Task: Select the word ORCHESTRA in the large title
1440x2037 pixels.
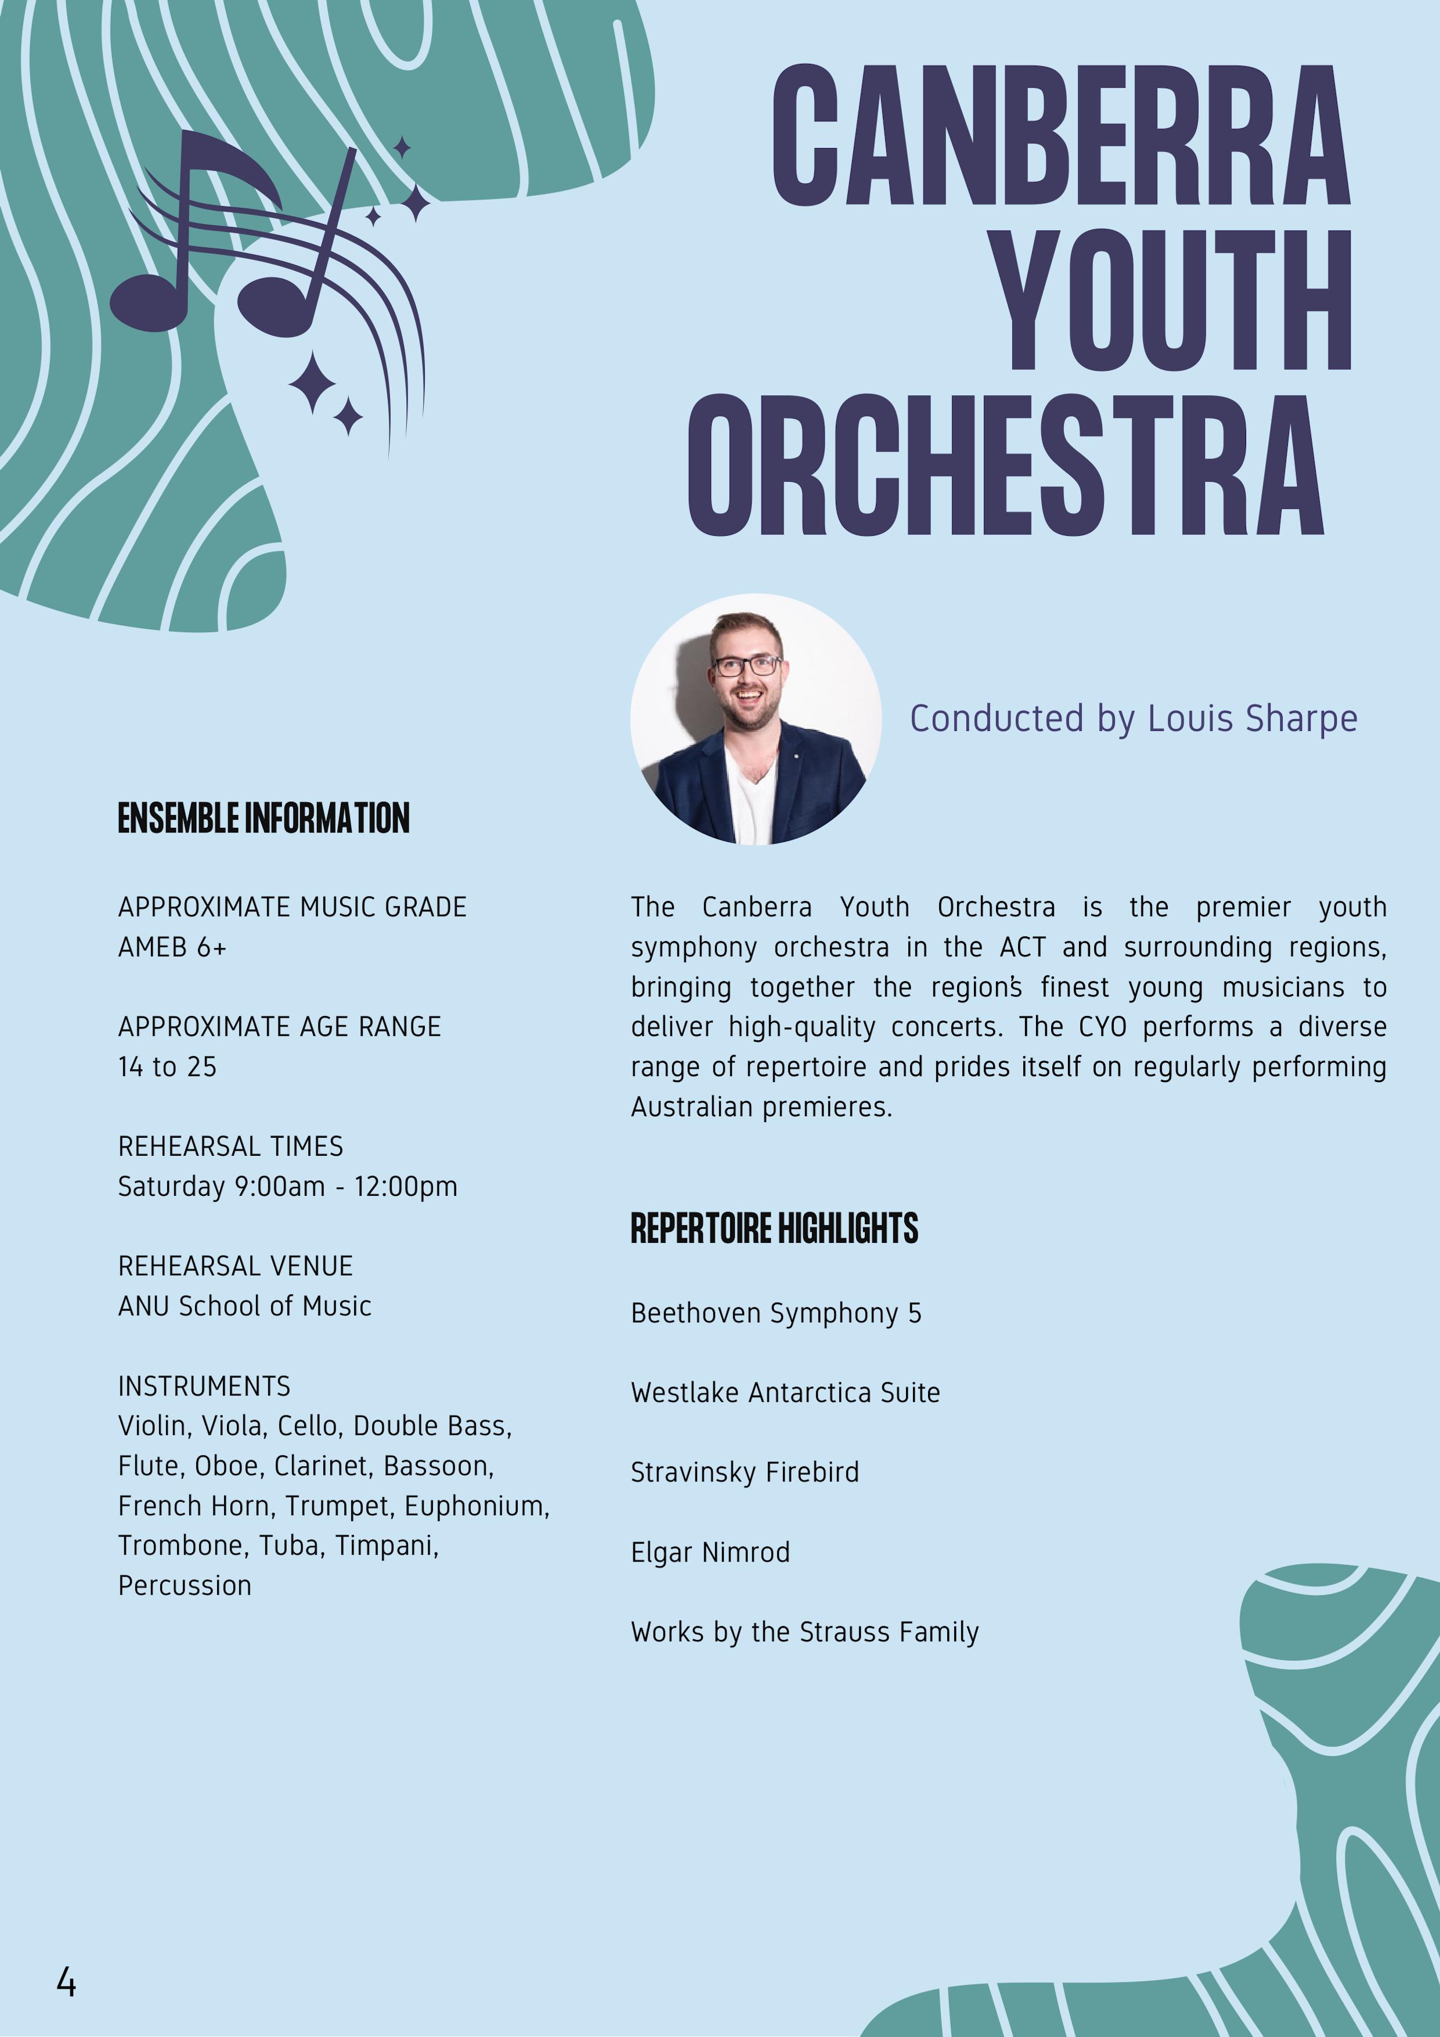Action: (1006, 465)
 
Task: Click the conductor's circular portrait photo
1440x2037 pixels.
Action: (755, 719)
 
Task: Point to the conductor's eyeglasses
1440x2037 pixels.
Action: (748, 665)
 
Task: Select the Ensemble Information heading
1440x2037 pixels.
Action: (264, 818)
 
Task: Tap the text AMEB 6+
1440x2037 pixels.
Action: (172, 947)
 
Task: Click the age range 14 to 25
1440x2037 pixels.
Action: (167, 1066)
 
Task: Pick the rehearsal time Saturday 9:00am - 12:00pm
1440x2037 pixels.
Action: (287, 1186)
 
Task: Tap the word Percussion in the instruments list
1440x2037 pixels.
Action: (185, 1585)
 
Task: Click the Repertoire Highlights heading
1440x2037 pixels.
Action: (774, 1229)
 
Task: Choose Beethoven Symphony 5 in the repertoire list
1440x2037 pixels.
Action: (775, 1313)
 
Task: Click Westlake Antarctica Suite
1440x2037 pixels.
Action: (784, 1393)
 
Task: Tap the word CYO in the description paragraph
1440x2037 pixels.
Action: (1102, 1026)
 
